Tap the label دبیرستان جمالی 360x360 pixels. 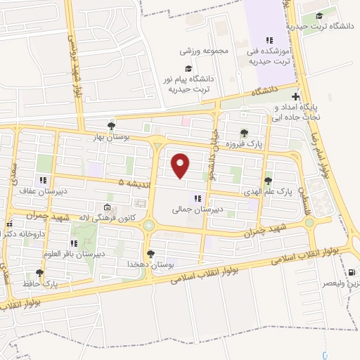(198, 210)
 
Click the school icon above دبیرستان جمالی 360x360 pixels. (198, 198)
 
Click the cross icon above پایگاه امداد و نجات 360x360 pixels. (296, 96)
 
